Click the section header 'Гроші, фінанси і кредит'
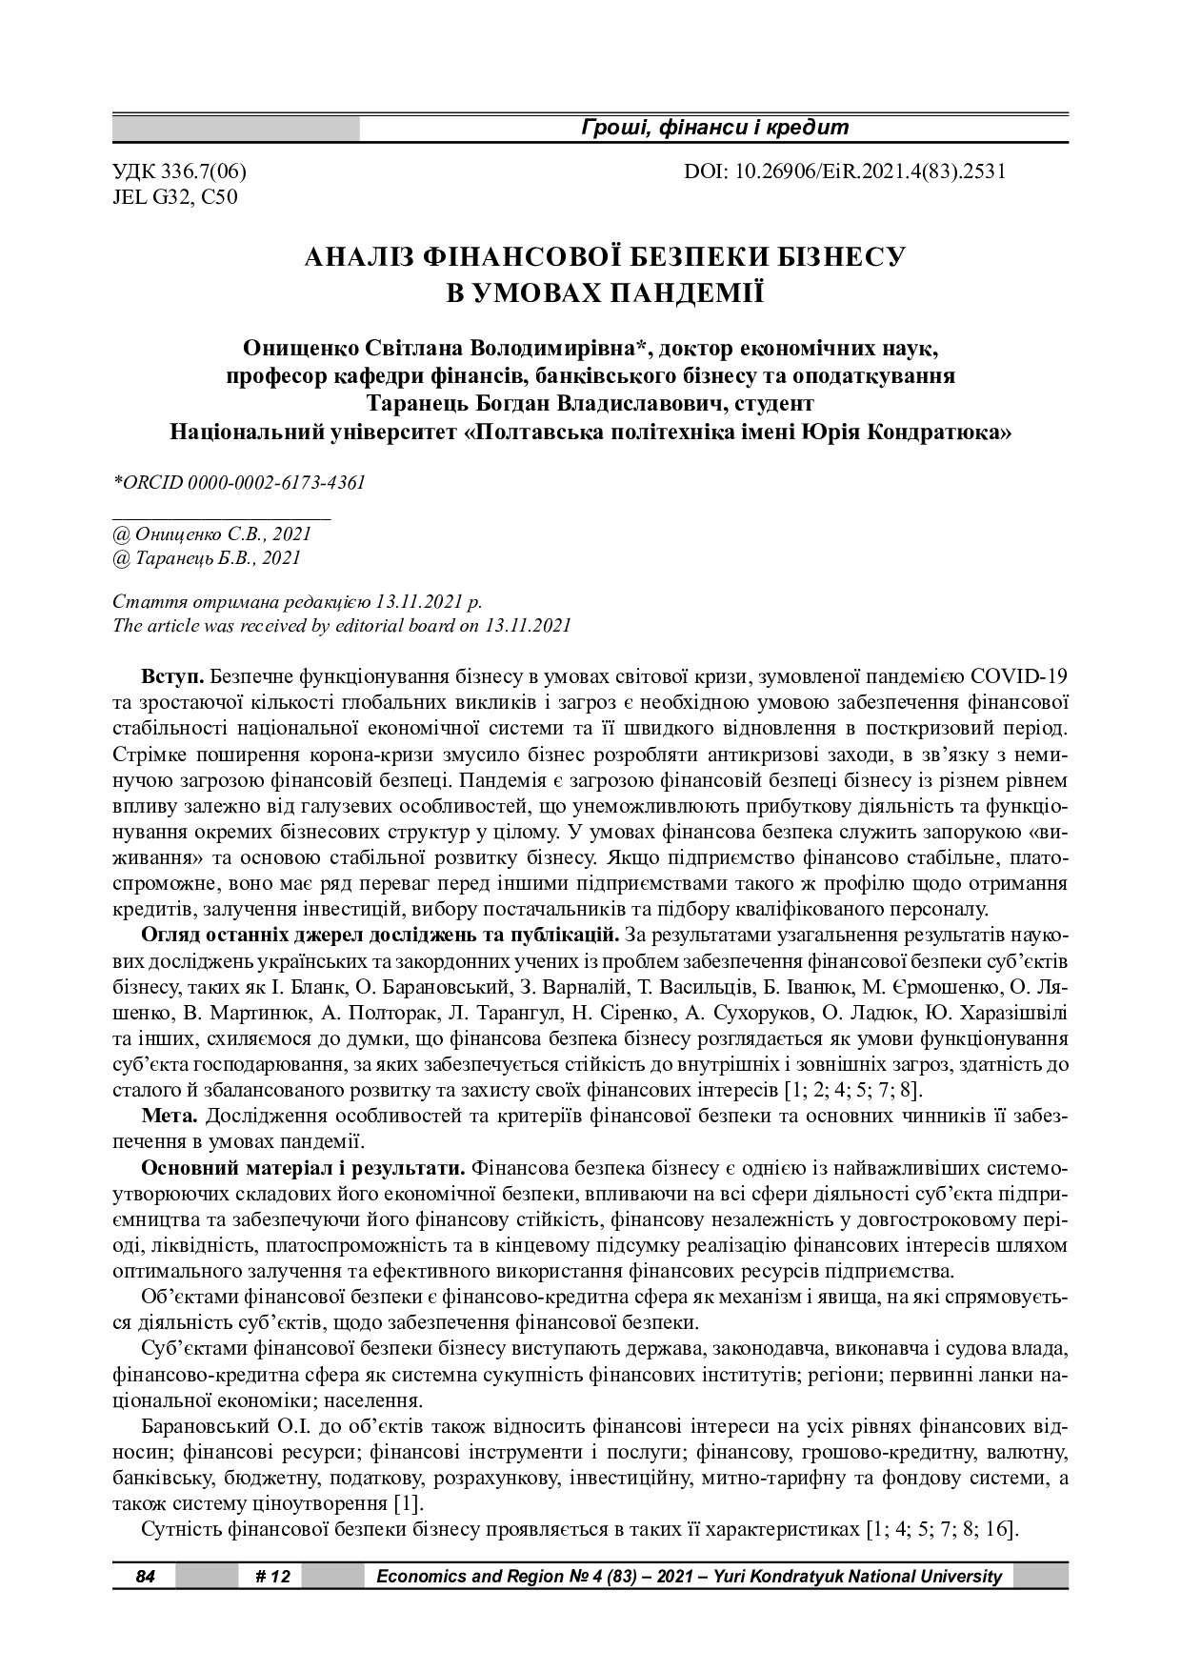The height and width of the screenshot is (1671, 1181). click(714, 128)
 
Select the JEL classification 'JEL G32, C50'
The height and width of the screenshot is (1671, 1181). click(175, 197)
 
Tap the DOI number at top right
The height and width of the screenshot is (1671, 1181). click(845, 172)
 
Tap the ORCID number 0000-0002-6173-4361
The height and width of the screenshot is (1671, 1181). click(277, 482)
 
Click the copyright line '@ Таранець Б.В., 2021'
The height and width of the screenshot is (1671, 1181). click(207, 558)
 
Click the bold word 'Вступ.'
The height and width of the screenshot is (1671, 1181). click(172, 677)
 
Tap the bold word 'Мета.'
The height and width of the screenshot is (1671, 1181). click(170, 1115)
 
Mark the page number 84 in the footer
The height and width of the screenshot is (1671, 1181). click(145, 1577)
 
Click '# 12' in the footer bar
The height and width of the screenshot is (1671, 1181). click(273, 1577)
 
